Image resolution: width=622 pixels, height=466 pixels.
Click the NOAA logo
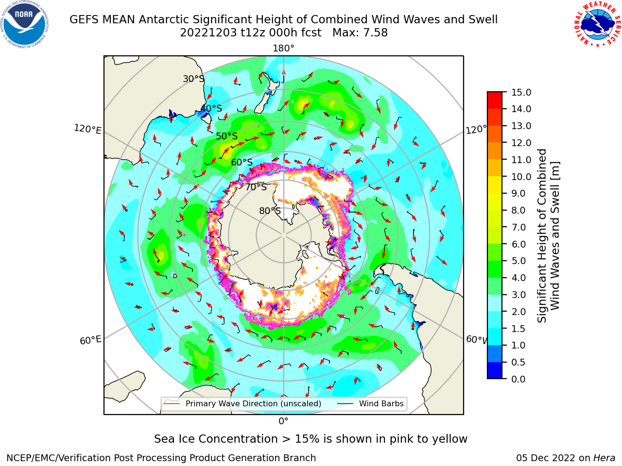point(25,24)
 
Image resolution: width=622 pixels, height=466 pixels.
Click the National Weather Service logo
point(598,24)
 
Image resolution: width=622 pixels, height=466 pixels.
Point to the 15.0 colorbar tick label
point(521,92)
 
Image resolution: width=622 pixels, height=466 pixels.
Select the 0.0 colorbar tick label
point(518,379)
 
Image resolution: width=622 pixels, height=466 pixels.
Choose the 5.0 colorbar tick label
point(518,261)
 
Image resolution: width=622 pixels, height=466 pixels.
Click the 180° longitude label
point(283,49)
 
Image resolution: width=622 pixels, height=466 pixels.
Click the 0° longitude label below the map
point(283,421)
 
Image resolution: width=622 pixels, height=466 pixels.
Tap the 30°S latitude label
point(193,79)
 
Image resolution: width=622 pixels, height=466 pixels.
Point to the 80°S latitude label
point(270,211)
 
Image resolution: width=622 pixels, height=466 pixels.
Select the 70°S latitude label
point(256,187)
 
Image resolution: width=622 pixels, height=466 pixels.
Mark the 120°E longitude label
point(87,129)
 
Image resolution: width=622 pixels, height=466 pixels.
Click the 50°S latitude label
point(227,136)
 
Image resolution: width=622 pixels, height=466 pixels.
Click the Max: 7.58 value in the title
point(360,33)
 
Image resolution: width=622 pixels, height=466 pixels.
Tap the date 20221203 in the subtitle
point(208,33)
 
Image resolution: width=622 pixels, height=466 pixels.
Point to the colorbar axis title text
point(548,235)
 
